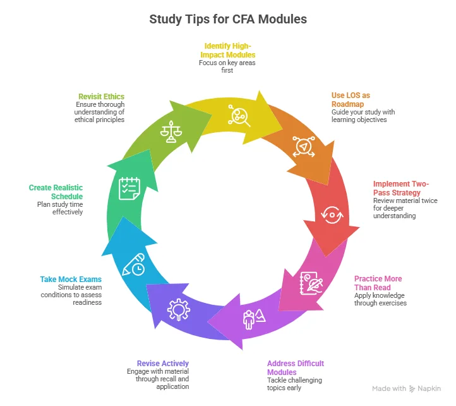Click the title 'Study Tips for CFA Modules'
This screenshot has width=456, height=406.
pyautogui.click(x=228, y=19)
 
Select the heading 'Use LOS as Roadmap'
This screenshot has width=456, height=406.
pyautogui.click(x=351, y=100)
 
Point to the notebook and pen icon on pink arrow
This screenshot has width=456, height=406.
pyautogui.click(x=309, y=280)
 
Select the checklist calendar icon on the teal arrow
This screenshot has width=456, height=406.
pyautogui.click(x=129, y=188)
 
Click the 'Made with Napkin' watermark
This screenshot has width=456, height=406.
pyautogui.click(x=407, y=388)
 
